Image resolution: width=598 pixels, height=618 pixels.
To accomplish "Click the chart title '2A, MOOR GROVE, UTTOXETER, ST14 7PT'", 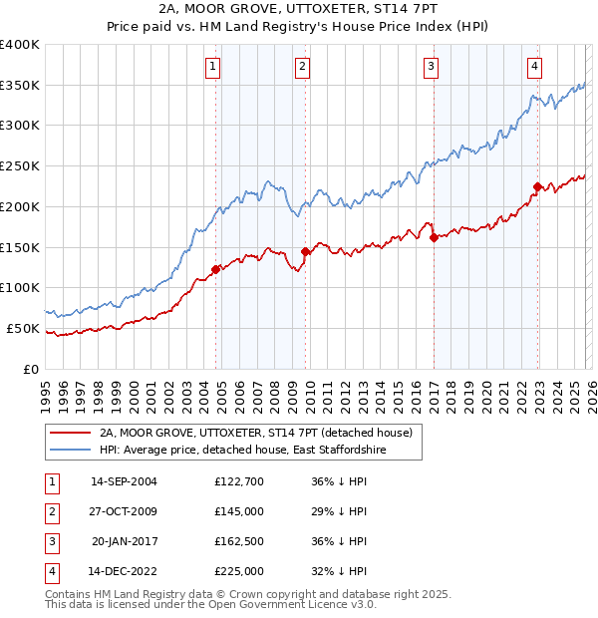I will (298, 8).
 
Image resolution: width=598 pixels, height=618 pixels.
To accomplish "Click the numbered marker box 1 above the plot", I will (214, 67).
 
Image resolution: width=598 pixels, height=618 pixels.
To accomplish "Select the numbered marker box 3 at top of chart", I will (432, 67).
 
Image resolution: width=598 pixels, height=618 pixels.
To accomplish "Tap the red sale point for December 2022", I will (537, 186).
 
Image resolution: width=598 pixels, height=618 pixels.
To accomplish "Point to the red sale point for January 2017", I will (434, 237).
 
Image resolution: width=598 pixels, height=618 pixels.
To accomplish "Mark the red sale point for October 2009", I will (306, 251).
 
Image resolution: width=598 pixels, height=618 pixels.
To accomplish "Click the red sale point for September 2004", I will (215, 269).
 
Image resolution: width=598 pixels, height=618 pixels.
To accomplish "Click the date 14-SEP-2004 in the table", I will (124, 481).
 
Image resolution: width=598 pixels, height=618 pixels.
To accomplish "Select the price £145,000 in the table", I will (238, 511).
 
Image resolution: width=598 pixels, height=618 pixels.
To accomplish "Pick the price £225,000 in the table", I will (238, 571).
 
